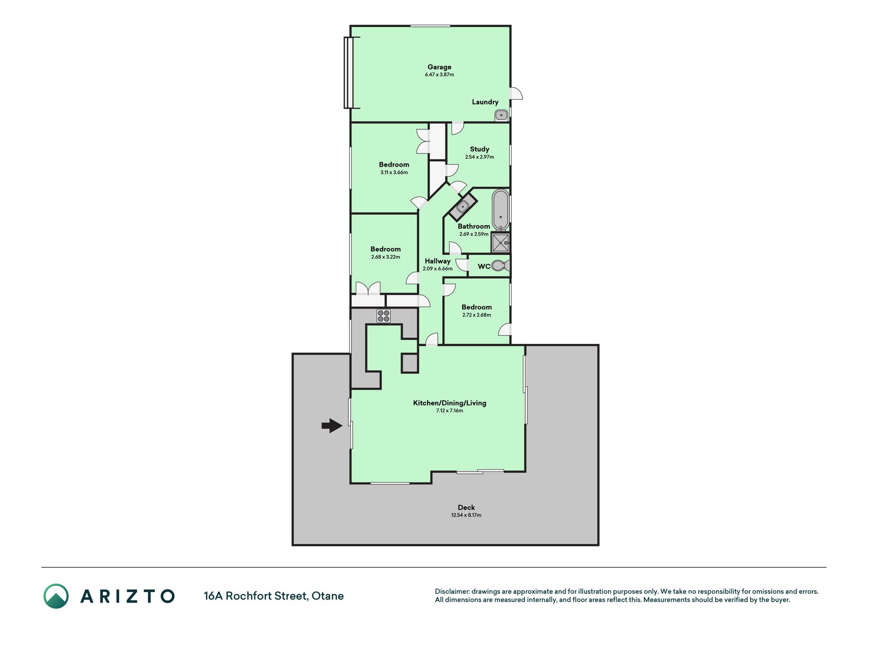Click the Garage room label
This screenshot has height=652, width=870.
tap(439, 67)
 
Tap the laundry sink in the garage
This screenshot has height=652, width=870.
tap(502, 115)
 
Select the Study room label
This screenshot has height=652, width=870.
tap(480, 149)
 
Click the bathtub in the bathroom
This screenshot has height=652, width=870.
tap(500, 209)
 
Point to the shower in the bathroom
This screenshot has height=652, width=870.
tap(500, 243)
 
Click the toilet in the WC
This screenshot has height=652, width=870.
tap(501, 265)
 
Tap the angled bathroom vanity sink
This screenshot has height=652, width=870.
tap(463, 207)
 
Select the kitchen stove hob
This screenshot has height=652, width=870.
tap(384, 316)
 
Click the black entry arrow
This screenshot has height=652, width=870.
tap(332, 425)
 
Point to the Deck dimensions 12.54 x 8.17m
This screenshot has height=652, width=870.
tap(466, 515)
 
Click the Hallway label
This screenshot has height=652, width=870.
tap(438, 261)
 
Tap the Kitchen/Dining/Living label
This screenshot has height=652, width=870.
tap(450, 403)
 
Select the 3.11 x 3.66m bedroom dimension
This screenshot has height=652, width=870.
tap(394, 172)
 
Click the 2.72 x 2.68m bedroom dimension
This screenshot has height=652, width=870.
tap(477, 315)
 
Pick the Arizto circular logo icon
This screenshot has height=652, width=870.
tap(56, 596)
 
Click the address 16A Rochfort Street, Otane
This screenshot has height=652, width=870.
tap(274, 595)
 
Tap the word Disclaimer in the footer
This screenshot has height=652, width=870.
tap(452, 591)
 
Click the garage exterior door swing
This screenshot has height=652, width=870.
tap(516, 93)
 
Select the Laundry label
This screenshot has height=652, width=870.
tap(485, 102)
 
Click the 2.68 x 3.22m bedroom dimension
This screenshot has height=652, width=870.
tap(386, 257)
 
